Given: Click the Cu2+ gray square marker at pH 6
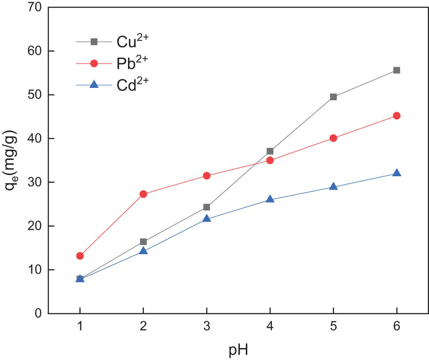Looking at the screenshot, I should click(396, 70).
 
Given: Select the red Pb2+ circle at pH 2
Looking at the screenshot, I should click(143, 194).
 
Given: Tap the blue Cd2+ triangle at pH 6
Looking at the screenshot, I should click(396, 173).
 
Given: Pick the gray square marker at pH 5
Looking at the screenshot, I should click(333, 97).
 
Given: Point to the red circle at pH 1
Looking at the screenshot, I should click(80, 256).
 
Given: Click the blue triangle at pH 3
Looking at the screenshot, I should click(207, 218).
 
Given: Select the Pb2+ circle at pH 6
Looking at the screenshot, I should click(396, 116).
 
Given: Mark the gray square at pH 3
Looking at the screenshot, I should click(207, 207).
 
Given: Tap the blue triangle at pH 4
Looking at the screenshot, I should click(270, 199).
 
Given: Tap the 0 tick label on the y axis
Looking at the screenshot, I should click(38, 314).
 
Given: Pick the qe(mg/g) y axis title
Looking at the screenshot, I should click(11, 161).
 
